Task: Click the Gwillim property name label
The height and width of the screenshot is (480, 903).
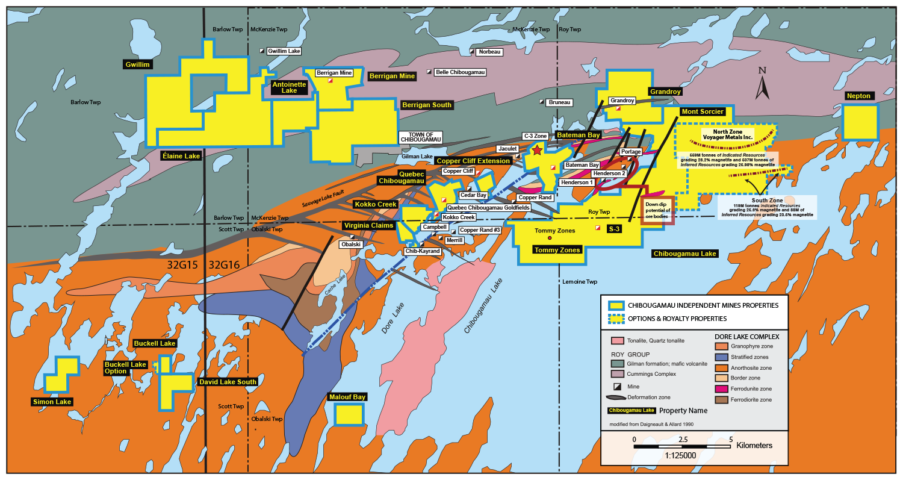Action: pos(137,64)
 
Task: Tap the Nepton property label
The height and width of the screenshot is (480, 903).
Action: pos(858,96)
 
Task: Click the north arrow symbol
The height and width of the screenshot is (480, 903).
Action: pos(762,85)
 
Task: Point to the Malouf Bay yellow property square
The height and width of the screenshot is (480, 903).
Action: pos(349,414)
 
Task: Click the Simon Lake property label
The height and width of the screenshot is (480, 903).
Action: pos(52,402)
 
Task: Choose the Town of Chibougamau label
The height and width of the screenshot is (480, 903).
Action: pos(421,137)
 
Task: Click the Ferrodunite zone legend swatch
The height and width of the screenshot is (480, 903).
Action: pos(721,388)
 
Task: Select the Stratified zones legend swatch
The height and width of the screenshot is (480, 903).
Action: pos(721,357)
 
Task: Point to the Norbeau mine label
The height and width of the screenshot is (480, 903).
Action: pos(488,52)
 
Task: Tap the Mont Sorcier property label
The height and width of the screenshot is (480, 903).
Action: pos(703,111)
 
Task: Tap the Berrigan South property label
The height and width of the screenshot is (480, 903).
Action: pos(426,105)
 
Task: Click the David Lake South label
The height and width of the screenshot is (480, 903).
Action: pos(228,382)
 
